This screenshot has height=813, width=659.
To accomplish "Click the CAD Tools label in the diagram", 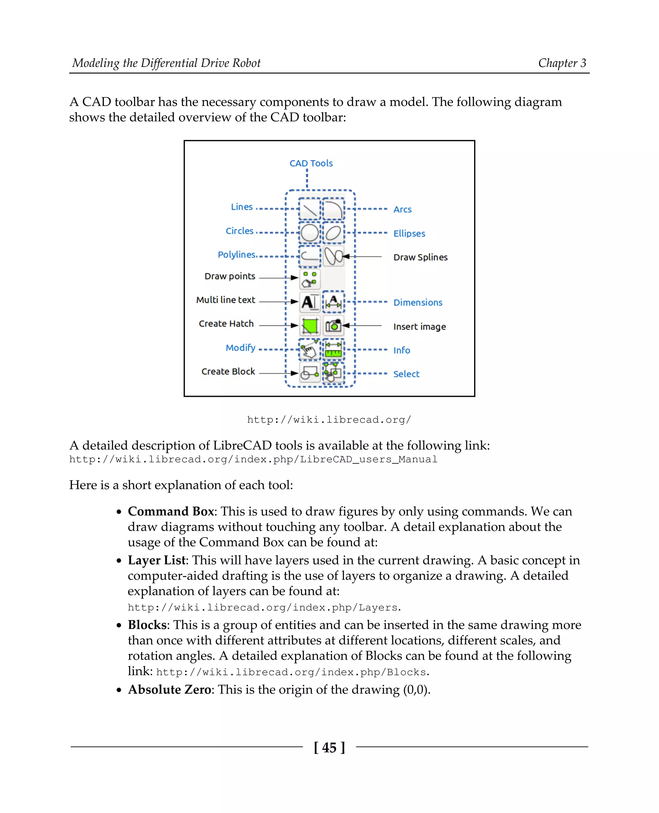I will click(311, 163).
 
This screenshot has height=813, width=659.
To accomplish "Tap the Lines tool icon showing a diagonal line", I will click(309, 209).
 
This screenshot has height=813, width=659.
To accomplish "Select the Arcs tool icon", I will click(333, 209).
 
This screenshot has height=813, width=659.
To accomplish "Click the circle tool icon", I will click(309, 233).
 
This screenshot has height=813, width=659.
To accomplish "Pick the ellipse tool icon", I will click(333, 233).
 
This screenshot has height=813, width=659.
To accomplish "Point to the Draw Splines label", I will click(420, 257).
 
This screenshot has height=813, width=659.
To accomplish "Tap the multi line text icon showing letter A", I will click(309, 302).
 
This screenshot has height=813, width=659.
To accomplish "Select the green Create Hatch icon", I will click(309, 326).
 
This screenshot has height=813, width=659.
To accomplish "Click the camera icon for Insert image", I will click(333, 326).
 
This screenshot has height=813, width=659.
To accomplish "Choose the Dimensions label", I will click(418, 303).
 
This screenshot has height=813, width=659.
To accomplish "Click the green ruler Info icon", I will click(333, 349).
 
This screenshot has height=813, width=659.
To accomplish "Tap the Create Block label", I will click(228, 371).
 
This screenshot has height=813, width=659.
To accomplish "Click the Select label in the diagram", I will click(406, 374).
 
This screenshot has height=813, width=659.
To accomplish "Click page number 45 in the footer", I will click(329, 747).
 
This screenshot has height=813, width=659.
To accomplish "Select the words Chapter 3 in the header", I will click(562, 63).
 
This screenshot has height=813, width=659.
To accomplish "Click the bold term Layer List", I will click(156, 560).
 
